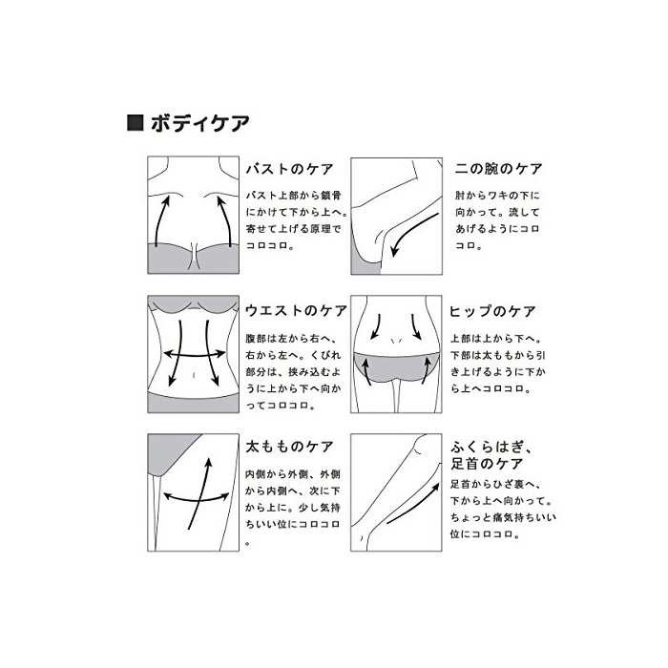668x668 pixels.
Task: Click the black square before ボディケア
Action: [136, 123]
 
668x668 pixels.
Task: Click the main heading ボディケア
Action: [199, 123]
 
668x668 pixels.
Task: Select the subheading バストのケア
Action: [290, 169]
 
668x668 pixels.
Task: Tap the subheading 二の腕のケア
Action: [498, 169]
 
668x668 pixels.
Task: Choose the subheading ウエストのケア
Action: [296, 310]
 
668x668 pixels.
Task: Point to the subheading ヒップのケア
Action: [492, 311]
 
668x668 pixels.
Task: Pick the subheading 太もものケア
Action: [290, 447]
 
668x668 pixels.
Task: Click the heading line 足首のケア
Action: [487, 464]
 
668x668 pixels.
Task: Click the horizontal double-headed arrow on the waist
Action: [195, 354]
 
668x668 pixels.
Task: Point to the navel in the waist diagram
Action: [195, 375]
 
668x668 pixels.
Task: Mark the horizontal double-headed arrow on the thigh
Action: [196, 497]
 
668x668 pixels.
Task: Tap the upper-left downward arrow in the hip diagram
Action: [377, 327]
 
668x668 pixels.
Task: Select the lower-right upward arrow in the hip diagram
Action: [426, 370]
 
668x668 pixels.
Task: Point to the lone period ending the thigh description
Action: [248, 544]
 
